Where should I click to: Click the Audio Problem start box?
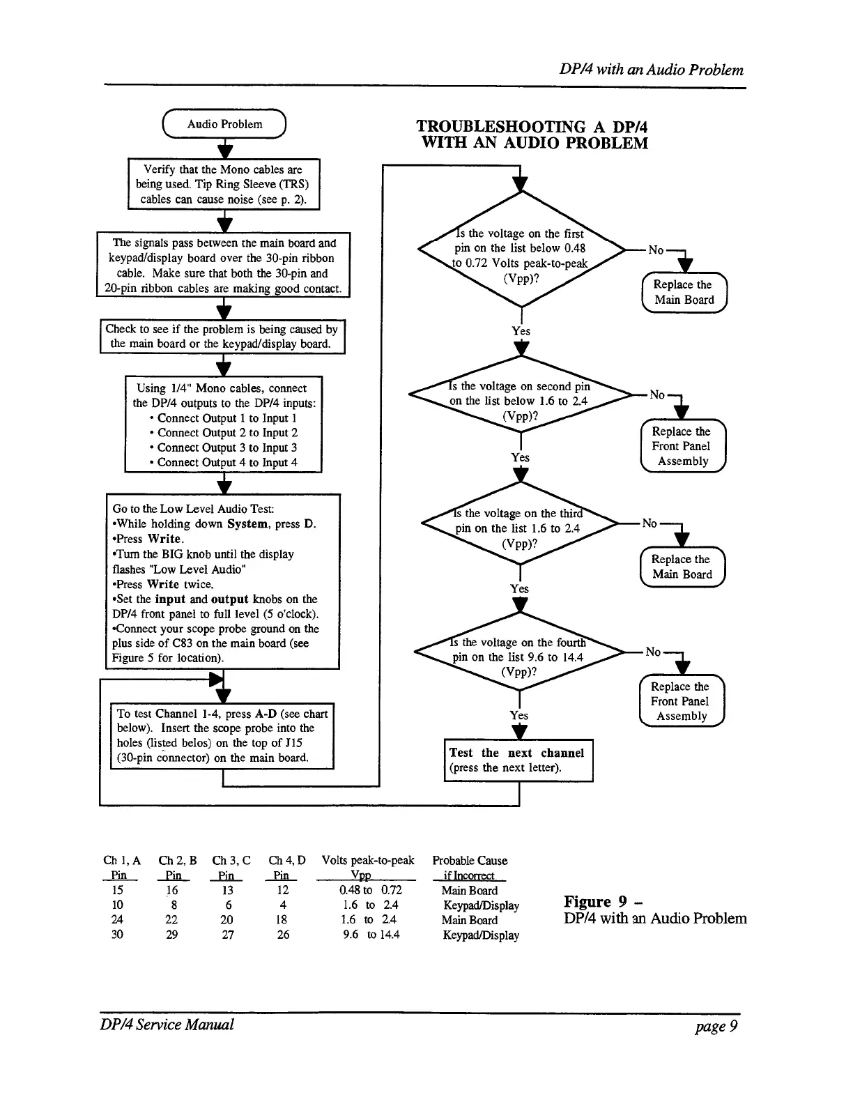pos(224,125)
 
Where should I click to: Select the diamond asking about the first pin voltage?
pos(521,249)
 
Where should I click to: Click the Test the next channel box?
pos(518,760)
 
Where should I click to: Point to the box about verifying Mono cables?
pos(223,184)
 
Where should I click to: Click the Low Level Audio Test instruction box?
pos(222,581)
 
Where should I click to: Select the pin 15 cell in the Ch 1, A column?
pos(118,890)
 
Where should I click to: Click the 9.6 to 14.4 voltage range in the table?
pos(371,935)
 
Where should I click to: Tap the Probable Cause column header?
pos(470,861)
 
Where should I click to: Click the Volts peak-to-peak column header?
pos(368,861)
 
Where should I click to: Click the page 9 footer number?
pos(716,1025)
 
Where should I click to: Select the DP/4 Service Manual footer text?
pos(168,1025)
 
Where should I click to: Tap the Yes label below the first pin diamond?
pos(521,331)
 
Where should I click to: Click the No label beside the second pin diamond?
pos(657,394)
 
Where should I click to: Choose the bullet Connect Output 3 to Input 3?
pos(226,447)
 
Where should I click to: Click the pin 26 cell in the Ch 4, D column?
pos(283,935)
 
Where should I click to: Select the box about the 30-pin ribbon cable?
pos(223,266)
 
